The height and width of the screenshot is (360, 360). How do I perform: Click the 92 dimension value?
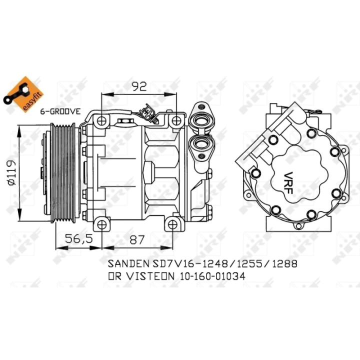[x=139, y=86]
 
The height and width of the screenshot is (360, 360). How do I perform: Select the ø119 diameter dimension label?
[x=11, y=172]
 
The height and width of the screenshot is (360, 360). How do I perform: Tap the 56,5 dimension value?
[x=79, y=239]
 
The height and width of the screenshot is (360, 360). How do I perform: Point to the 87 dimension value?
[x=137, y=240]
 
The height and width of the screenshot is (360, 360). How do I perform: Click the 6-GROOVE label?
[x=60, y=111]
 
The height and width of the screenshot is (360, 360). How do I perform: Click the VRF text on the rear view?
[x=288, y=183]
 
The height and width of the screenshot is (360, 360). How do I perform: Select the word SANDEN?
[x=128, y=264]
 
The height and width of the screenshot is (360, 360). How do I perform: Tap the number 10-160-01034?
[x=212, y=276]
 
